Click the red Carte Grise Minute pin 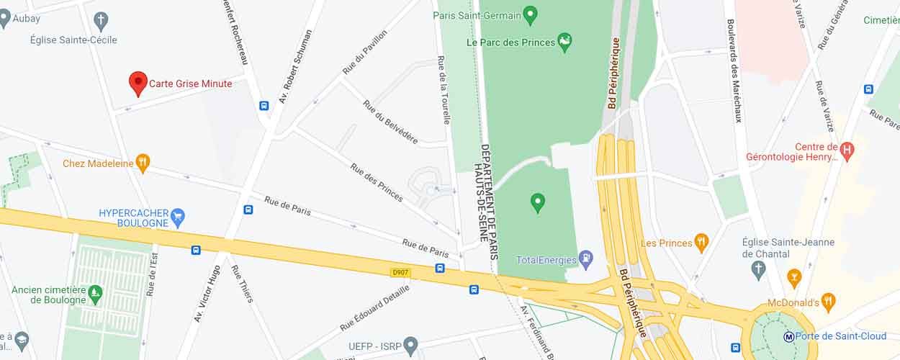[138, 83]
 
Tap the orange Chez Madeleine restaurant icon [143, 163]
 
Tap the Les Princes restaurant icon [701, 243]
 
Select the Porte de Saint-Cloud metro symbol [788, 336]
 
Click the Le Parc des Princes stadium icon [565, 42]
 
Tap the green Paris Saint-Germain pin [531, 14]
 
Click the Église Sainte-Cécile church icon [102, 19]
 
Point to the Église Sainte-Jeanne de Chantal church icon [757, 270]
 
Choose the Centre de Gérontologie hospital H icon [847, 151]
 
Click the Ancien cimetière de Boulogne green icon [95, 294]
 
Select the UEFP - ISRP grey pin [410, 345]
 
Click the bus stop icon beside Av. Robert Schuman [264, 106]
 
